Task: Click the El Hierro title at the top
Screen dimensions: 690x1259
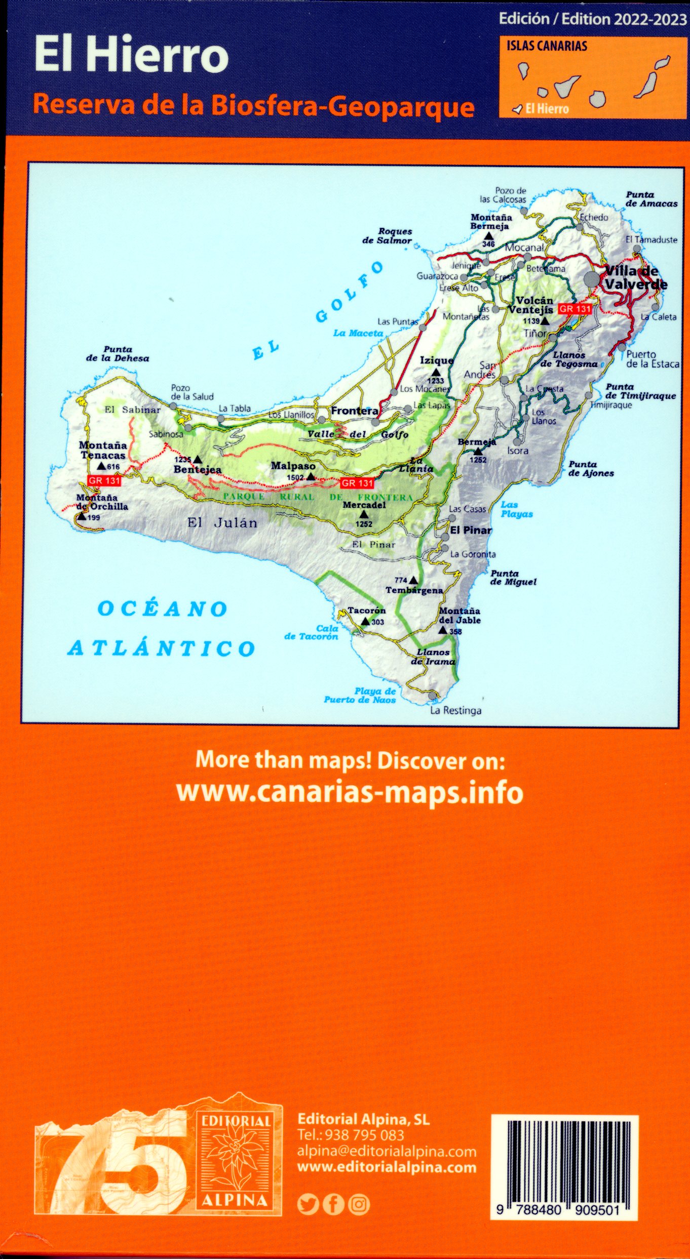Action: point(131,56)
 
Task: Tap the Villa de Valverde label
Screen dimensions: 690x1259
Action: point(635,278)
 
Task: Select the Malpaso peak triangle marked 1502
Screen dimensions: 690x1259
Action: point(311,476)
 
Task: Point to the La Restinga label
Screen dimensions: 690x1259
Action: point(455,710)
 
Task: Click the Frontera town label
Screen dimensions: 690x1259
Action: point(354,411)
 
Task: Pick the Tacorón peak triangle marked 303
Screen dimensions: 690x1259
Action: point(365,621)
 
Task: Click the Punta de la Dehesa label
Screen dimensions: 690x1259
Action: point(118,354)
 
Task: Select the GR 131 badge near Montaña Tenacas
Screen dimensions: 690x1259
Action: point(104,480)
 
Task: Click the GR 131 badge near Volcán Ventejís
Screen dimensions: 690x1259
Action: point(575,309)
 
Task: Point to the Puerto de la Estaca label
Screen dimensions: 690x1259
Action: point(653,359)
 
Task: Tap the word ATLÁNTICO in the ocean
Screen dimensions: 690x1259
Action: point(161,648)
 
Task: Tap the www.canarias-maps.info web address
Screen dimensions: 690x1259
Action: point(350,792)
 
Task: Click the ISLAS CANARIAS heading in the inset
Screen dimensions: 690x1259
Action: point(547,46)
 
